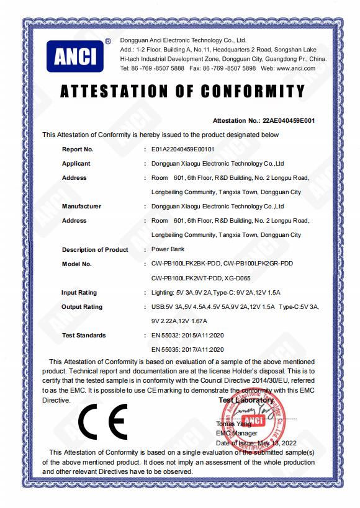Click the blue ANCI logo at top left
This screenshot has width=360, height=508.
click(75, 56)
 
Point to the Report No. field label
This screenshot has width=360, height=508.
click(78, 149)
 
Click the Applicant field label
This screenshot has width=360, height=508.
click(76, 164)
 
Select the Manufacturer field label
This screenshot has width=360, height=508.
click(81, 207)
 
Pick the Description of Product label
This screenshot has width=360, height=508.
click(95, 249)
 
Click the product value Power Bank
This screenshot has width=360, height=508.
click(168, 249)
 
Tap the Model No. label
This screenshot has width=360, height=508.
click(77, 264)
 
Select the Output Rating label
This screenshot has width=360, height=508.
click(83, 306)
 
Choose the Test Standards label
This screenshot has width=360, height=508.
click(84, 335)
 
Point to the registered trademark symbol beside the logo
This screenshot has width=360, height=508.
click(107, 41)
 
